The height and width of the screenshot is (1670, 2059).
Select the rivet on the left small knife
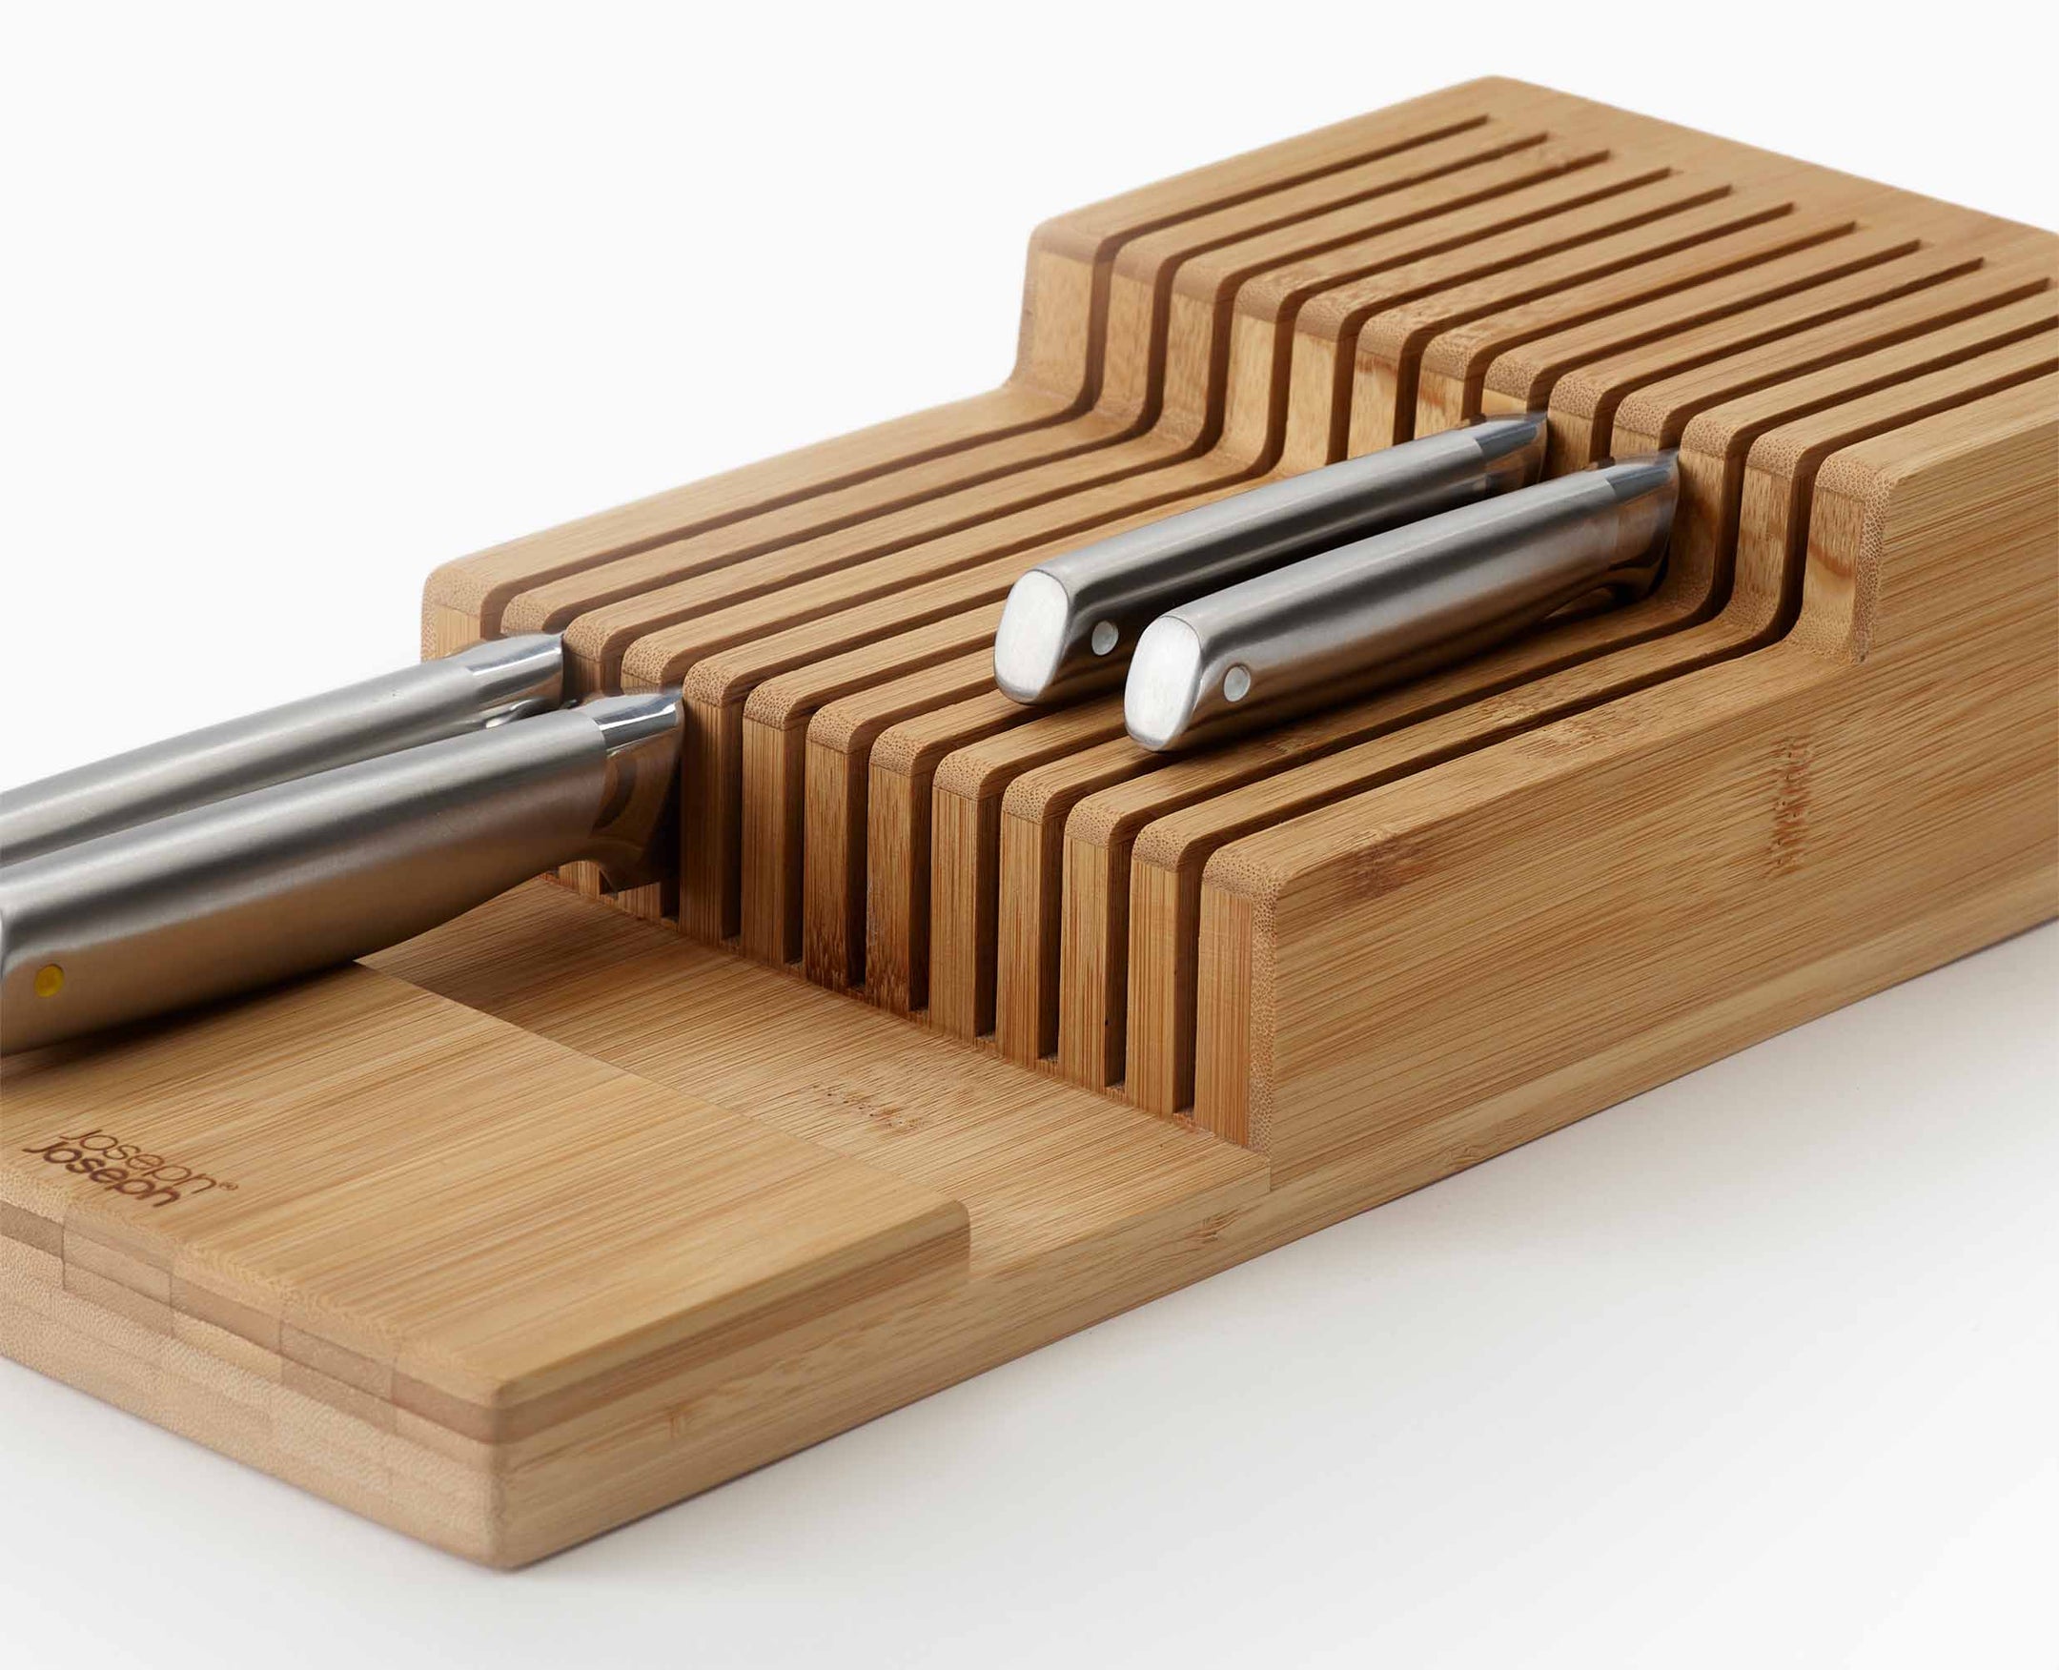tap(1105, 636)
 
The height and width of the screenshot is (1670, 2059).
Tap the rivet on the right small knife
tap(1235, 683)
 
